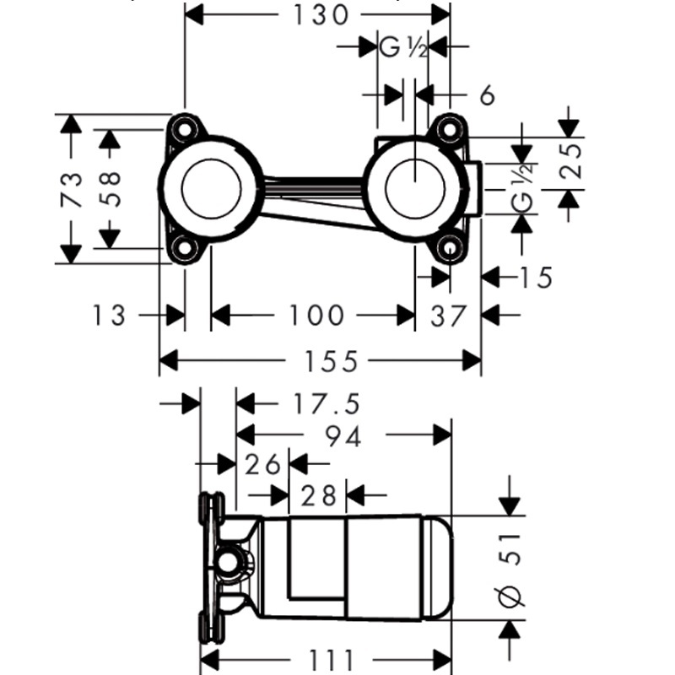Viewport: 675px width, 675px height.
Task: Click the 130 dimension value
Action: coord(317,14)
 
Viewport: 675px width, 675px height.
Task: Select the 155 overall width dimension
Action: coord(320,362)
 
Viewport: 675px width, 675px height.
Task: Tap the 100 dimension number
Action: coord(316,316)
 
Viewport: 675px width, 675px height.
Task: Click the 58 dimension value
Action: coord(110,189)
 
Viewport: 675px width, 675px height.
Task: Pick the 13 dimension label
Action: coord(110,316)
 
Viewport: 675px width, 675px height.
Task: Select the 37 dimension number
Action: coord(448,316)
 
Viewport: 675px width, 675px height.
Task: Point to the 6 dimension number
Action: coord(486,95)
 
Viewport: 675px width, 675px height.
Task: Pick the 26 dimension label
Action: coord(262,463)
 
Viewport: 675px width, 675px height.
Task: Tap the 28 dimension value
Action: coord(319,494)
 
